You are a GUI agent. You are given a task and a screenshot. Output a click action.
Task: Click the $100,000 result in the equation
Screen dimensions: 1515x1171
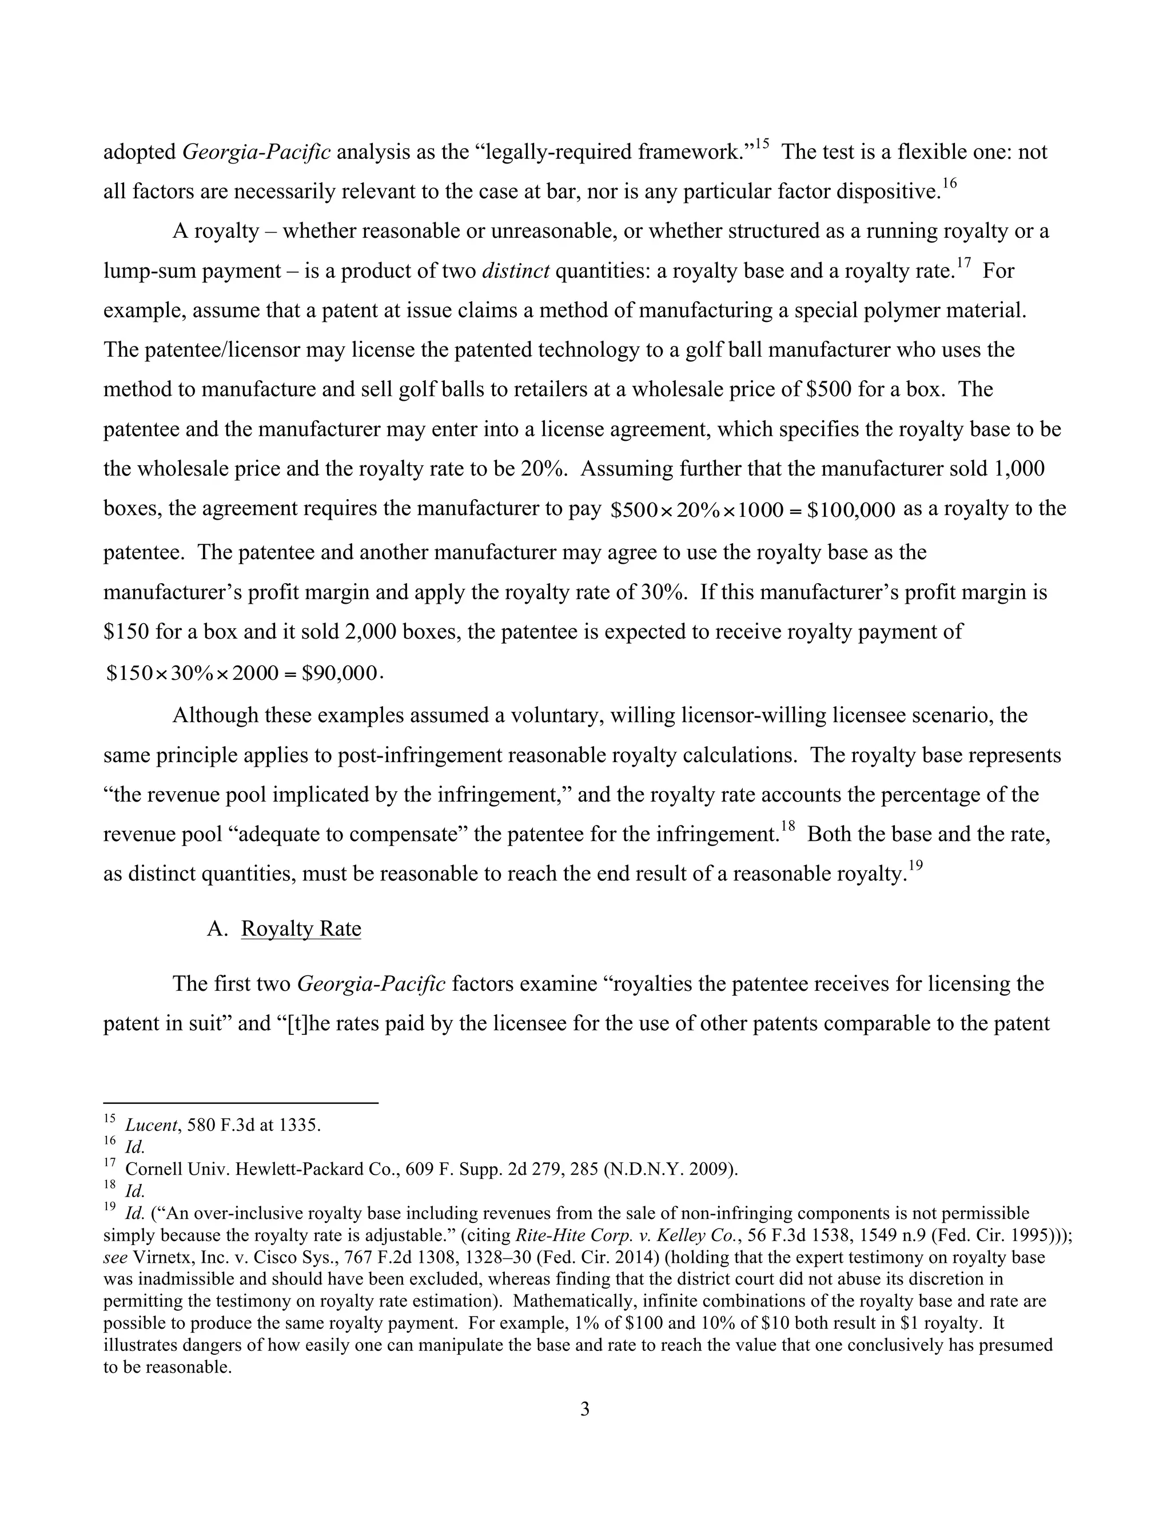click(x=851, y=511)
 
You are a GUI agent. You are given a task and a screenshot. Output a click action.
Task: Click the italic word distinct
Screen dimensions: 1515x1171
click(x=515, y=270)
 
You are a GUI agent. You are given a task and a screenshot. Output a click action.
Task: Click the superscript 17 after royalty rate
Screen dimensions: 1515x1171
click(x=963, y=263)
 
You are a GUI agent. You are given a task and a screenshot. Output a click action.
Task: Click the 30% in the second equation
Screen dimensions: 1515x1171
click(x=191, y=673)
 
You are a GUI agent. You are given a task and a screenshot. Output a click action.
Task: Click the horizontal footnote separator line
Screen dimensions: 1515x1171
click(x=240, y=1102)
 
